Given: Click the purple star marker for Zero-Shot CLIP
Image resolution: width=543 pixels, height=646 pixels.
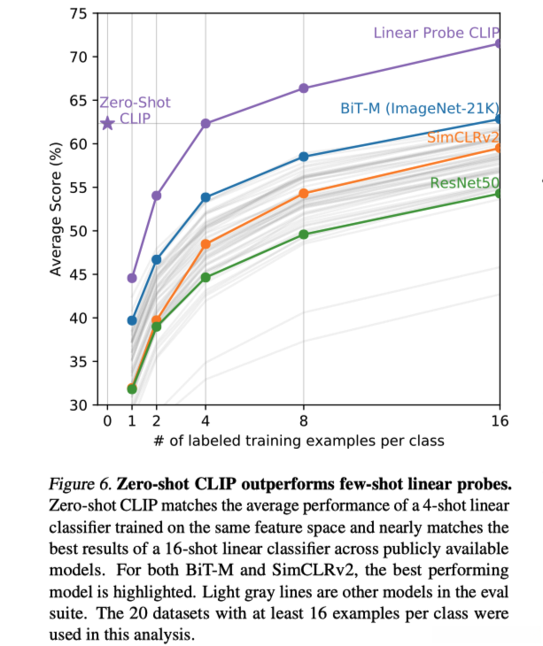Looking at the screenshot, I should coord(107,123).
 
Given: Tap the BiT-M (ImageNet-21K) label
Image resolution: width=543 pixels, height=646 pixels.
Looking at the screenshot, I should coord(419,108).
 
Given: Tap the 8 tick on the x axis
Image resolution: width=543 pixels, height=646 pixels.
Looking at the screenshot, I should coord(304,421).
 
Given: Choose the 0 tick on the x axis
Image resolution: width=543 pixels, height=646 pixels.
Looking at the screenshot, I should coord(107,421).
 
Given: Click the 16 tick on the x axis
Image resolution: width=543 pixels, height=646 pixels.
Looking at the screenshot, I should coord(500,421).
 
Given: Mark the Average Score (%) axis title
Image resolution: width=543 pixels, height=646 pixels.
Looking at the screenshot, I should coord(55,210).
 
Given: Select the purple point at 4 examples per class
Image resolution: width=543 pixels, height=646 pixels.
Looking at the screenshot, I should coord(206,123).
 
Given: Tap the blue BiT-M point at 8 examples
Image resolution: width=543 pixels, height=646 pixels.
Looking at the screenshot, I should coord(304,157).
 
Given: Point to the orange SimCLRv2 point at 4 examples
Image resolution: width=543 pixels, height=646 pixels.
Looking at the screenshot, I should coord(206,244).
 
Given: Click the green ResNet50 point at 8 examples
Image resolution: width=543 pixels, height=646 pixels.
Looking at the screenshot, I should coord(304,235).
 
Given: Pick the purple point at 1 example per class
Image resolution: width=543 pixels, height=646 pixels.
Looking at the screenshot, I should coord(132,278).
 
